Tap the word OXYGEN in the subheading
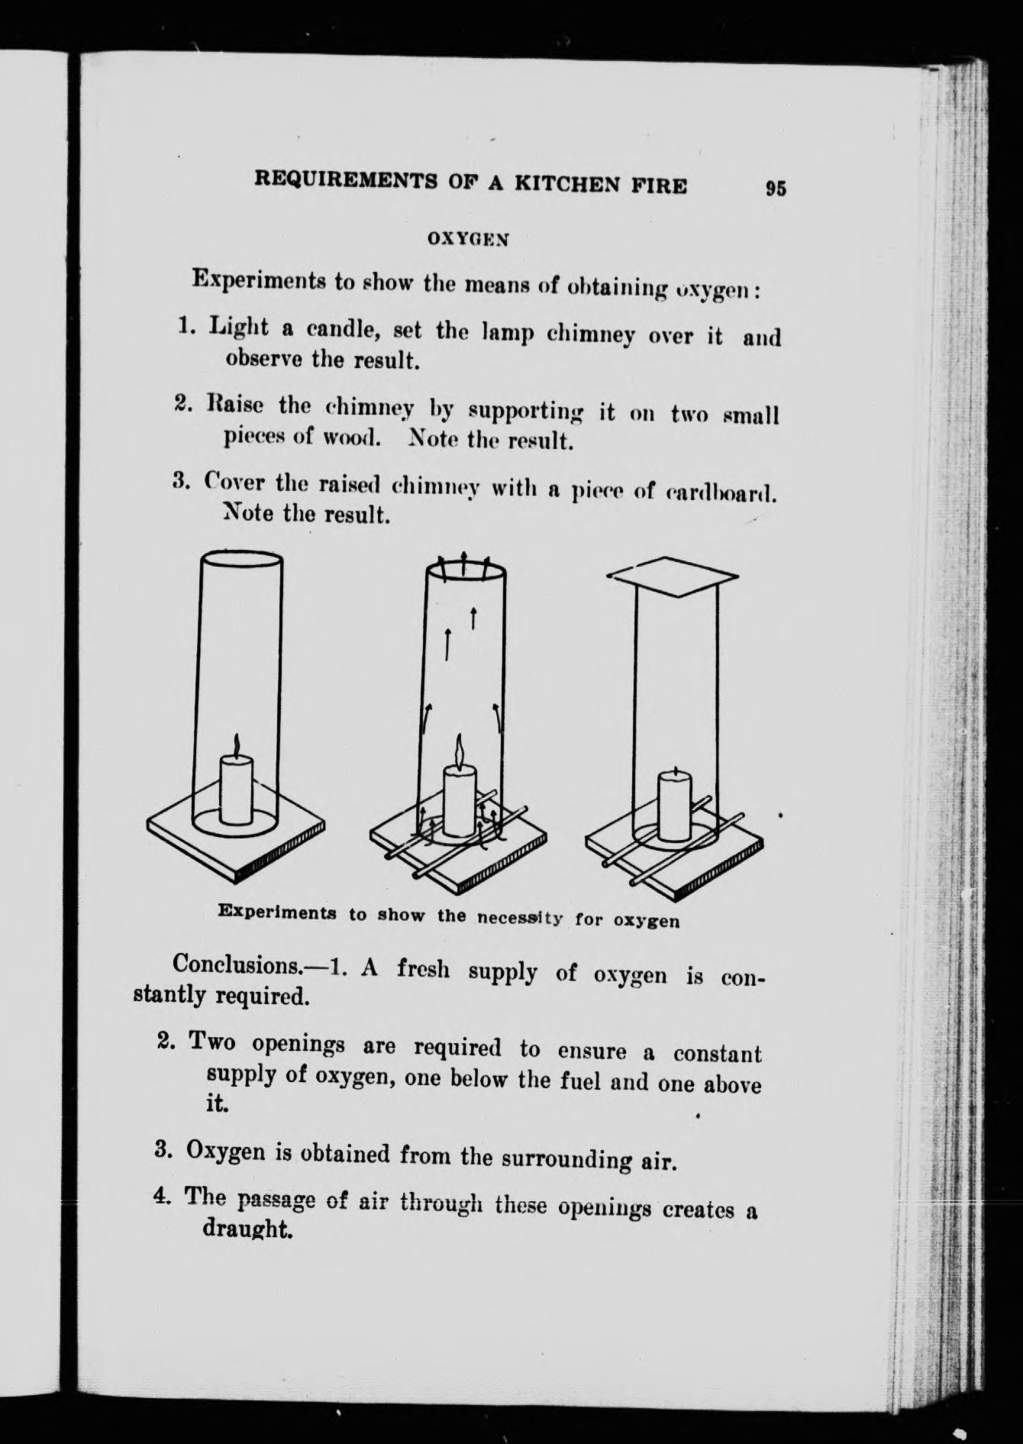click(x=468, y=238)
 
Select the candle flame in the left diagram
click(x=237, y=744)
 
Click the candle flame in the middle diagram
click(x=460, y=752)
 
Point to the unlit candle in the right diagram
click(x=675, y=805)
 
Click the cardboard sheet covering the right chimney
click(x=673, y=575)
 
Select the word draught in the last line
click(x=248, y=1229)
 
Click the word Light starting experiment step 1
click(x=239, y=328)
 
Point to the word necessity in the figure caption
click(x=520, y=917)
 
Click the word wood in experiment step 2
click(x=351, y=438)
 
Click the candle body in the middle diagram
click(x=460, y=802)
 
